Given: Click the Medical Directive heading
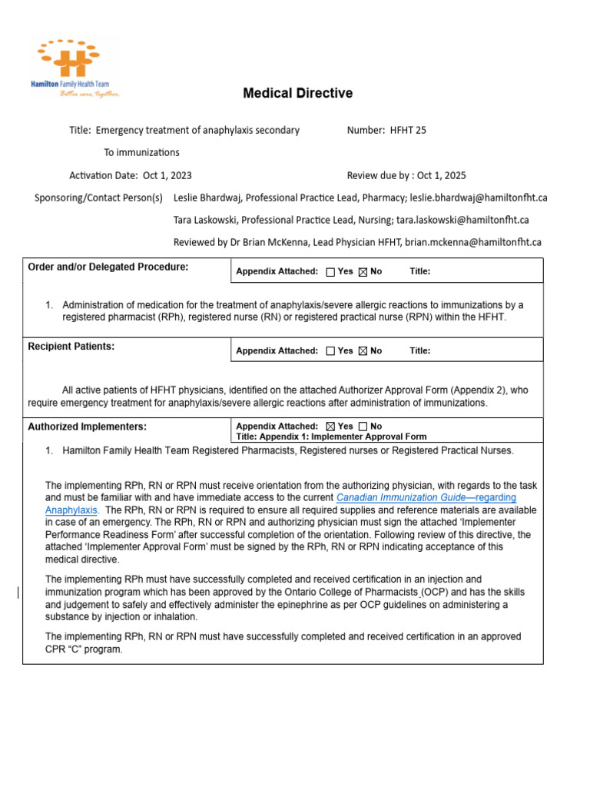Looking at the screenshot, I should [297, 94].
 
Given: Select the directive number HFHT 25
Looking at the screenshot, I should [409, 131].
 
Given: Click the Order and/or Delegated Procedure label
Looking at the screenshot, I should [108, 267].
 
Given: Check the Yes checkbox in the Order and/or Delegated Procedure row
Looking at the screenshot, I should [330, 272].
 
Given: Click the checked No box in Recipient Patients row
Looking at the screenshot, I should [363, 351].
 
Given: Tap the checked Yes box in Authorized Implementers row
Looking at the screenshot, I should [330, 427].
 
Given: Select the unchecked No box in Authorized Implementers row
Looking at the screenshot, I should [363, 427].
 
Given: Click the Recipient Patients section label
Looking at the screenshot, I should [71, 347].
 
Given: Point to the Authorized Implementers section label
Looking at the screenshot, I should [87, 427].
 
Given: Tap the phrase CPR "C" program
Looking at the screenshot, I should [84, 649].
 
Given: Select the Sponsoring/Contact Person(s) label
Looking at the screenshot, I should [98, 198].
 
